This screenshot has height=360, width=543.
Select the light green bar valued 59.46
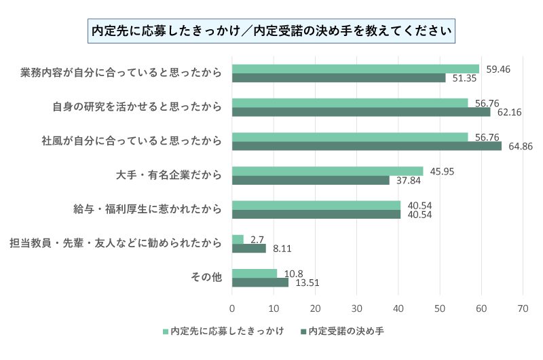tap(355, 69)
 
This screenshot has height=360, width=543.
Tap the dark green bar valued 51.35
tap(339, 78)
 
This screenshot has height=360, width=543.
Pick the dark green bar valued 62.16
tap(361, 112)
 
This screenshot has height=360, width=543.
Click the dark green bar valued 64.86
tap(367, 146)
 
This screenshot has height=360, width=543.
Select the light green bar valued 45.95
tap(327, 171)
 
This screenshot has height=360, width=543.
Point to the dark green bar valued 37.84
tap(310, 181)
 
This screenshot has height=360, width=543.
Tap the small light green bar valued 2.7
tap(238, 239)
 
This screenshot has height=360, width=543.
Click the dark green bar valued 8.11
tap(248, 249)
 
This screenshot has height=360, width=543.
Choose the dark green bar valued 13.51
tap(260, 283)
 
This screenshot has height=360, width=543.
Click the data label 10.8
tap(294, 274)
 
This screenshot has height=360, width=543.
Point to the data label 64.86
tap(519, 147)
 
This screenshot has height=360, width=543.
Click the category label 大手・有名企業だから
tap(169, 175)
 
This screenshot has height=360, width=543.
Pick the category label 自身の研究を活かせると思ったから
tap(137, 107)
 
